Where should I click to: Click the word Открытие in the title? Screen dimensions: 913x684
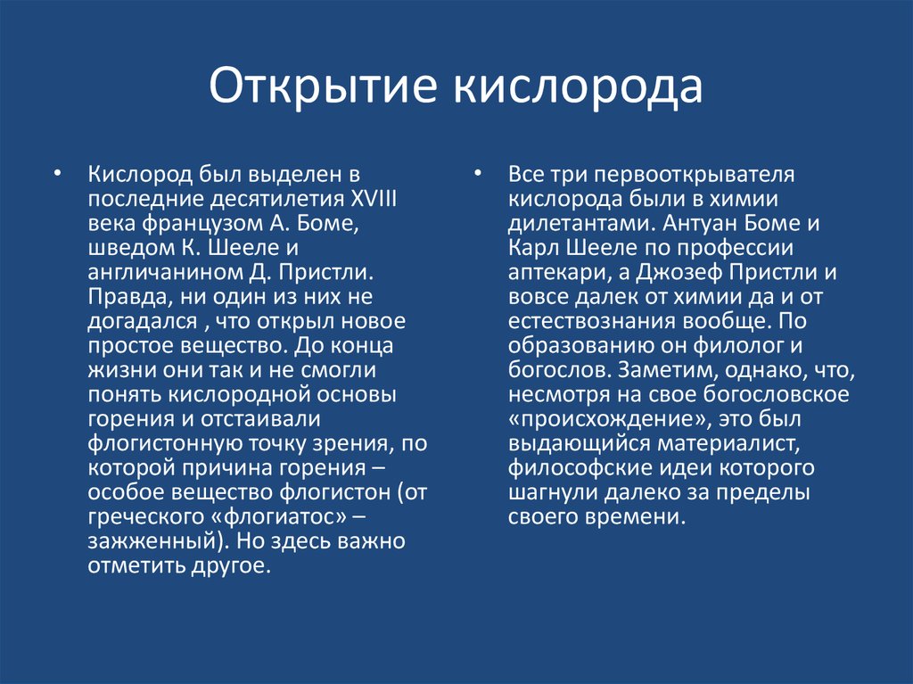323,87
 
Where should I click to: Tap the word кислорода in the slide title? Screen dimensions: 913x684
578,87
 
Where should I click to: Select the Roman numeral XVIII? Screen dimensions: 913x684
374,199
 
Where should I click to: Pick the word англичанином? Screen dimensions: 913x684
168,273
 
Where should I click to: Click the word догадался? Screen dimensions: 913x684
143,322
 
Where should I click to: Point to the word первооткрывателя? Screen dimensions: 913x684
694,175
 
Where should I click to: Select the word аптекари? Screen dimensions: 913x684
558,273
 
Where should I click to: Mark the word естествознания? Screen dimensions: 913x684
592,322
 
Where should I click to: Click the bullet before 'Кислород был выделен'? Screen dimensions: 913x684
56,174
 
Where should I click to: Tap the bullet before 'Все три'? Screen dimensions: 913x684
477,174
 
